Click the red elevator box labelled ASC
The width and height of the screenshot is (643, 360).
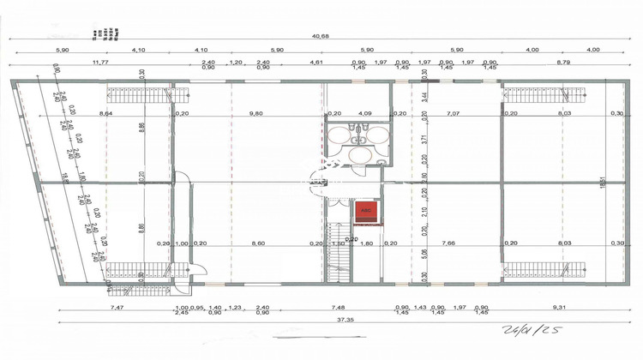pos(365,209)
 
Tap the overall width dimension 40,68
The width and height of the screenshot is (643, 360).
pos(321,35)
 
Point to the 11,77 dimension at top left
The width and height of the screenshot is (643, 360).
pos(100,63)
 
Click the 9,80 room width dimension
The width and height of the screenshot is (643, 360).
pos(255,113)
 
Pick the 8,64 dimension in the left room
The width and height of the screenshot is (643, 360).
pos(106,113)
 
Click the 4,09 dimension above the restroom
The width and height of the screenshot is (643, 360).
pos(364,113)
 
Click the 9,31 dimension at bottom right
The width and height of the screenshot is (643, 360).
pos(560,308)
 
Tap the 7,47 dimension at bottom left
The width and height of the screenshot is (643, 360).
pos(117,308)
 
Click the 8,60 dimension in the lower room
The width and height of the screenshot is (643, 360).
pos(256,243)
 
